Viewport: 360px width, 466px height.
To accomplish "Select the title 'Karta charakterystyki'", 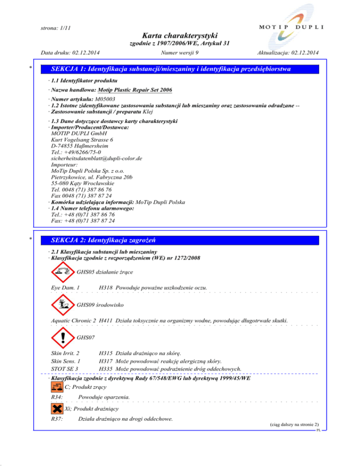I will [x=180, y=36].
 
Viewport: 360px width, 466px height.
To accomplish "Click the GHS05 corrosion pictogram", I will [x=61, y=271].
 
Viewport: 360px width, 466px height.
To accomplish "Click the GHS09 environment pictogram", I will [x=61, y=304].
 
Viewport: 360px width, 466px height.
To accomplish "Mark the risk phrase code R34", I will [x=57, y=398].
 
